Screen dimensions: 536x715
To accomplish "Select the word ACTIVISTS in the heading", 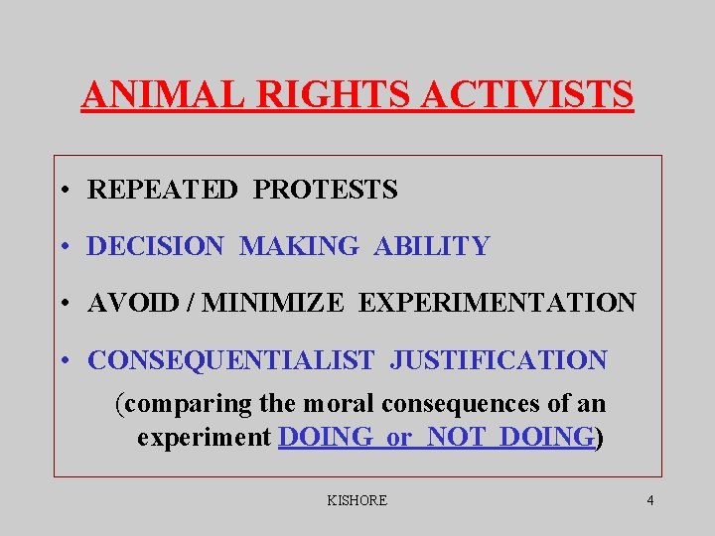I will pyautogui.click(x=528, y=95).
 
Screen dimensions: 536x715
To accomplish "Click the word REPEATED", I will pyautogui.click(x=163, y=190).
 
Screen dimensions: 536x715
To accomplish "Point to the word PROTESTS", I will pyautogui.click(x=325, y=190).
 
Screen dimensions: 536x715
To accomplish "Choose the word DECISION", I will pyautogui.click(x=156, y=246).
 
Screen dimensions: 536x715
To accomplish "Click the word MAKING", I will pyautogui.click(x=299, y=246).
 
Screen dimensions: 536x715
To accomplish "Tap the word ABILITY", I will pyautogui.click(x=432, y=246).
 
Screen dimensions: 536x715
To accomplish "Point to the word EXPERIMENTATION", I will pyautogui.click(x=497, y=303).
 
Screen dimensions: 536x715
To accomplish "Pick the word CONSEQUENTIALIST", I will pyautogui.click(x=231, y=360).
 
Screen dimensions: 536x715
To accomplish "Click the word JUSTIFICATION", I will pyautogui.click(x=498, y=360).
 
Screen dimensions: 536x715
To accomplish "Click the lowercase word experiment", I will pyautogui.click(x=205, y=438).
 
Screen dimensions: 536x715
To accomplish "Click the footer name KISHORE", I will pyautogui.click(x=357, y=500).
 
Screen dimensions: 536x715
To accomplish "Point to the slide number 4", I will pyautogui.click(x=649, y=500).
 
